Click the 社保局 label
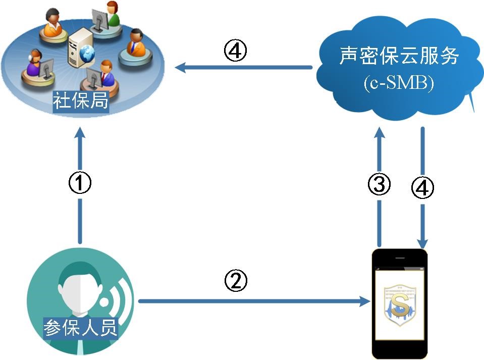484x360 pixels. (x=81, y=101)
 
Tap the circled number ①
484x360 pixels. (x=80, y=183)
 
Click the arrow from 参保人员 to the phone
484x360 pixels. (x=252, y=301)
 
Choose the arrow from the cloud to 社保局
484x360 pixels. (x=242, y=67)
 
